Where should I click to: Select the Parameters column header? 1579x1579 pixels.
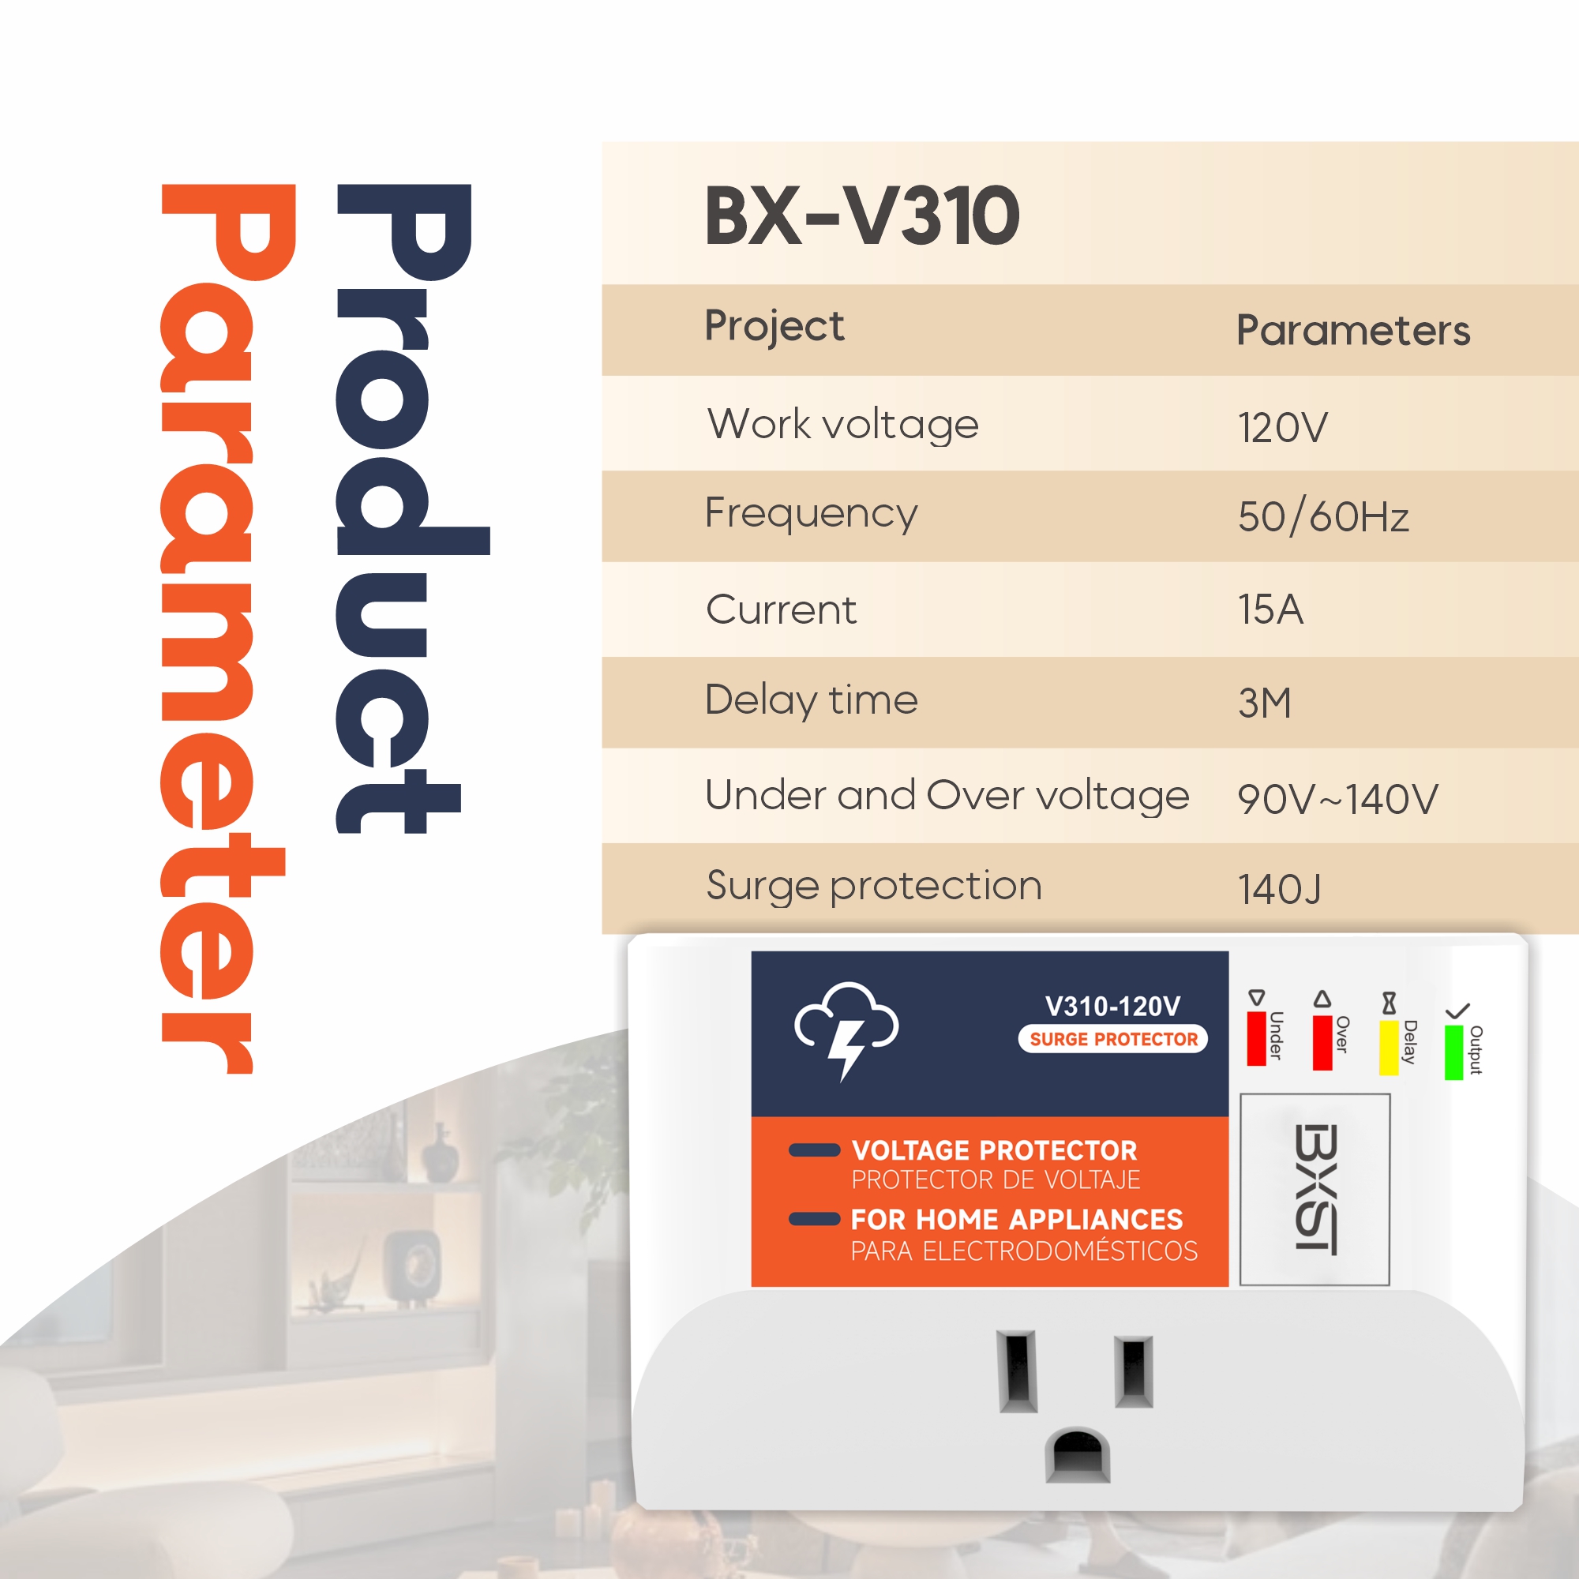point(1352,330)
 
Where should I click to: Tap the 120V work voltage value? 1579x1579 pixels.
point(1282,427)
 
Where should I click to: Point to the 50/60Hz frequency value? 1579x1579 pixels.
point(1323,516)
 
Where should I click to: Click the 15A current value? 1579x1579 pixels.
point(1270,609)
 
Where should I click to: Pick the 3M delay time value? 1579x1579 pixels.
point(1264,703)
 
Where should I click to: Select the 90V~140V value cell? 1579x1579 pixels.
point(1337,798)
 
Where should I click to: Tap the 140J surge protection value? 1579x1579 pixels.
point(1279,889)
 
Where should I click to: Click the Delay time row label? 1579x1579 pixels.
point(811,701)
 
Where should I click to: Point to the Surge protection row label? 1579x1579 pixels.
point(874,887)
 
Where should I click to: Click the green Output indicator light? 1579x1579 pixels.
point(1454,1052)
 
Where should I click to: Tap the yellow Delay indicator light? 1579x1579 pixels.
point(1389,1047)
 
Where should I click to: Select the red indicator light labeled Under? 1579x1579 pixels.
point(1256,1038)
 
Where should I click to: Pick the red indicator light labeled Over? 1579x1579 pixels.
point(1322,1042)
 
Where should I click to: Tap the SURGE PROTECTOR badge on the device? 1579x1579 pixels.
point(1112,1039)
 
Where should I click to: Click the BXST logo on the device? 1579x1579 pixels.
point(1316,1188)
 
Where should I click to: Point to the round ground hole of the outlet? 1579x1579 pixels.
point(1078,1456)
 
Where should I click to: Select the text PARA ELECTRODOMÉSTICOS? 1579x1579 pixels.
point(1024,1251)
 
